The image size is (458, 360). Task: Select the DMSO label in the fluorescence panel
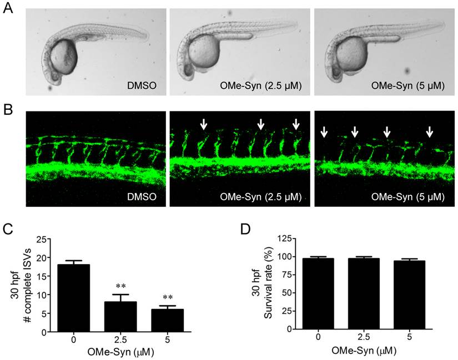[141, 196]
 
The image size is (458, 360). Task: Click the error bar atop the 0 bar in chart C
[78, 262]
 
